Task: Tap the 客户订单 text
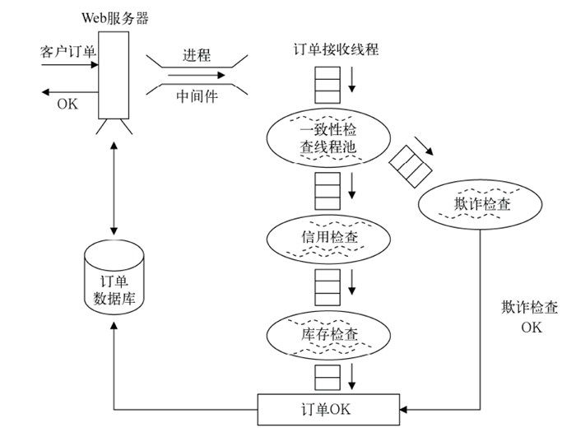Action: pyautogui.click(x=68, y=52)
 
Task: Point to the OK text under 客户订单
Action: pyautogui.click(x=67, y=104)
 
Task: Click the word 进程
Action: pyautogui.click(x=197, y=56)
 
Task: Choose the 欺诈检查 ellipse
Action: pyautogui.click(x=481, y=203)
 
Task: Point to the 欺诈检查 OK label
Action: pyautogui.click(x=531, y=317)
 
